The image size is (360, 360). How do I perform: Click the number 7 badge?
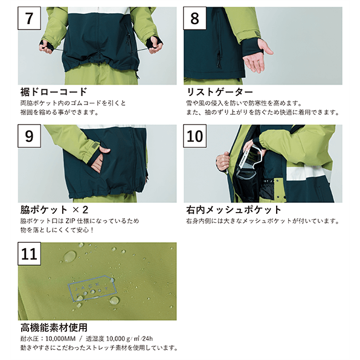(30, 18)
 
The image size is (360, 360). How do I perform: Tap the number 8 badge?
(194, 18)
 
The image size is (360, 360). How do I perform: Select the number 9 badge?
(30, 136)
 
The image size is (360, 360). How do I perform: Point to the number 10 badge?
(194, 136)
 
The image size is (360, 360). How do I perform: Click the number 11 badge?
(30, 254)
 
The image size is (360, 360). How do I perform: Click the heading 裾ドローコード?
(54, 92)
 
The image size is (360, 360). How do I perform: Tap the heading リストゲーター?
(220, 92)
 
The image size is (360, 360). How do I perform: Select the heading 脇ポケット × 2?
(54, 210)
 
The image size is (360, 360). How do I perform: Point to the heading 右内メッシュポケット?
(234, 210)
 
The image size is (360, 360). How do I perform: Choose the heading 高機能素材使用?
(54, 327)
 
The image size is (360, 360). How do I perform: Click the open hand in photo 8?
(257, 57)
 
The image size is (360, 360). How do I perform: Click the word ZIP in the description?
(71, 221)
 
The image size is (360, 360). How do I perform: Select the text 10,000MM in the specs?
(60, 339)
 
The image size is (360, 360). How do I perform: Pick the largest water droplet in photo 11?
(70, 257)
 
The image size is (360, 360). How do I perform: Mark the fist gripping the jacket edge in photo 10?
(223, 161)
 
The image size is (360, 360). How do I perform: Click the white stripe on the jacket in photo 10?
(308, 172)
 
